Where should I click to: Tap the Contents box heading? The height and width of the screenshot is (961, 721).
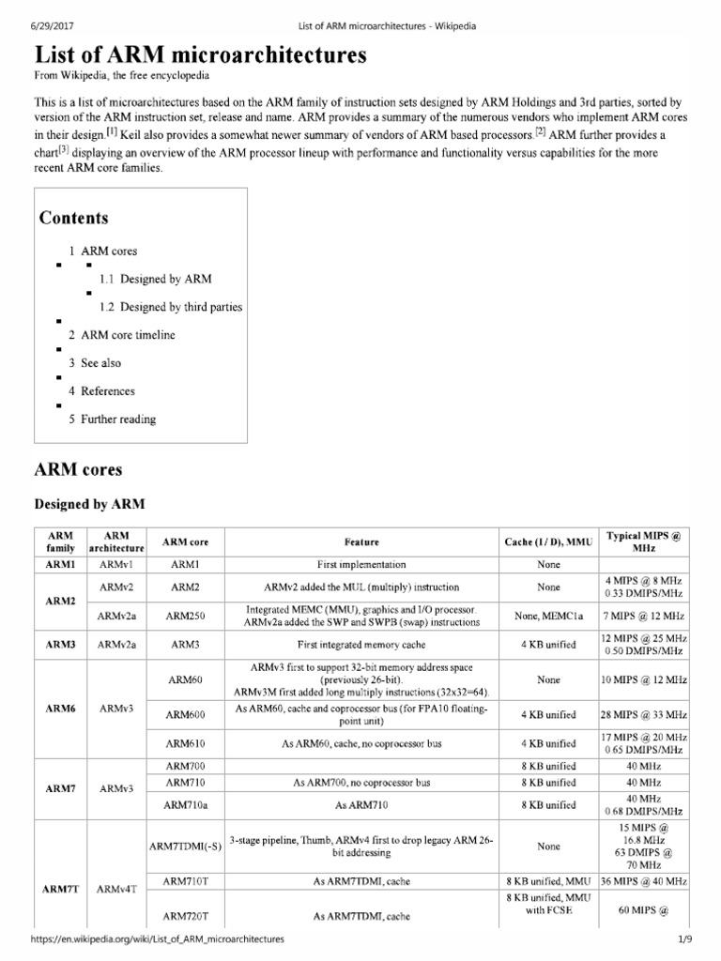point(74,218)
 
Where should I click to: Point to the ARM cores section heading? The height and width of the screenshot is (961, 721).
point(78,469)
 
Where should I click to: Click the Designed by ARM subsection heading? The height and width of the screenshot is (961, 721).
point(89,504)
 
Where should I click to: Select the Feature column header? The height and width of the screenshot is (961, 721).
point(361,542)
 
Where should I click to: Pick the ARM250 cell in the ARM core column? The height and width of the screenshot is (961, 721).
point(185,616)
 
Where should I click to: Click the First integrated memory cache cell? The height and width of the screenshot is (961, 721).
point(361,645)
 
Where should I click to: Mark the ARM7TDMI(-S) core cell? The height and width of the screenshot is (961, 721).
point(185,846)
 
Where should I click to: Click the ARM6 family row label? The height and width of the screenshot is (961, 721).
point(60,709)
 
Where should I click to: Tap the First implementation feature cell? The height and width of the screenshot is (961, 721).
point(361,565)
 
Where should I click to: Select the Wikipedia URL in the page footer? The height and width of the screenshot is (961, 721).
point(159,938)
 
